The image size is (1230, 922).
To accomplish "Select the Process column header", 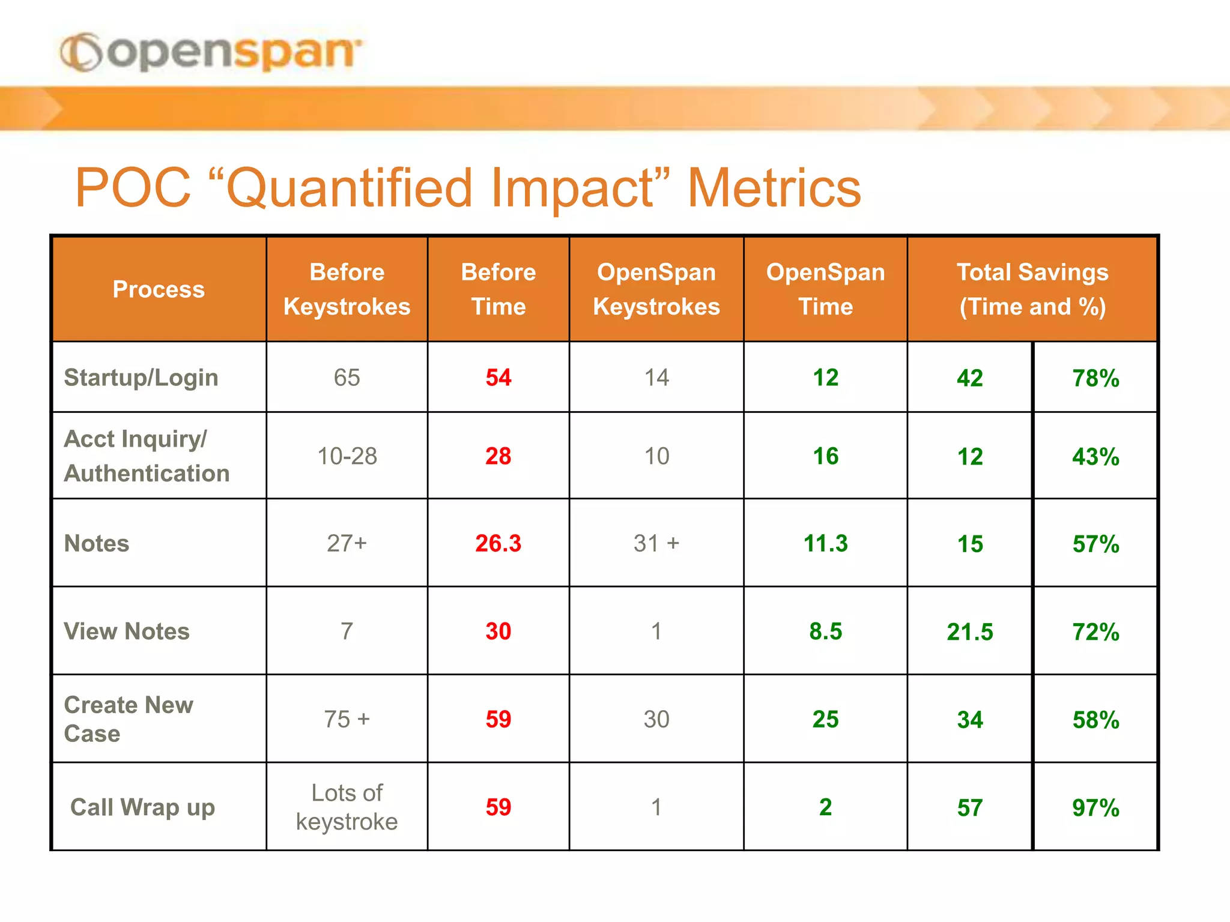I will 159,289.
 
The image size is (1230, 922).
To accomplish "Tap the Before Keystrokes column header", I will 347,289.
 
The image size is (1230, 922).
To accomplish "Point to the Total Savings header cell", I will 1032,289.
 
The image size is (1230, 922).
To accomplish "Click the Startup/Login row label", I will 141,378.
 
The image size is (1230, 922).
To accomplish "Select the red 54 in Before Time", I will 498,378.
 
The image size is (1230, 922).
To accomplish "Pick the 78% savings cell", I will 1095,378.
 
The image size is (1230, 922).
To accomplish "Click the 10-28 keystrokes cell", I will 347,456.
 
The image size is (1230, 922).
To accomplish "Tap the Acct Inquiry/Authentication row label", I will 147,456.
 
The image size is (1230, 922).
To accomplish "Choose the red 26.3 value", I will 498,543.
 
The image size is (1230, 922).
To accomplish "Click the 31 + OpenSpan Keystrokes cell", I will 656,543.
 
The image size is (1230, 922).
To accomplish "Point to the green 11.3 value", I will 825,543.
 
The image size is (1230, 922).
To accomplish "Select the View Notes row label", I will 127,631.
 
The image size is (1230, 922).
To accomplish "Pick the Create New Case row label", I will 129,719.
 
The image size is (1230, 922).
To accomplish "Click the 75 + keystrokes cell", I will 347,719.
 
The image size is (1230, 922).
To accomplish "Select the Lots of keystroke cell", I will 347,807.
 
